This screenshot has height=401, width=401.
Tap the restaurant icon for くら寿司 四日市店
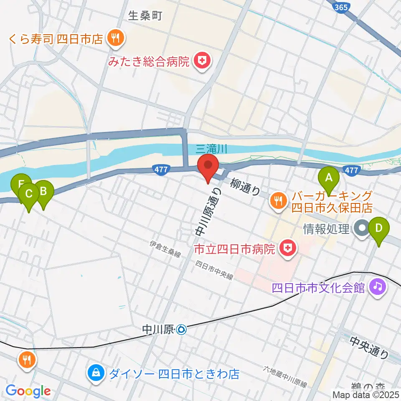tap(114, 39)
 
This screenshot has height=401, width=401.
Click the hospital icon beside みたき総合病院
tap(202, 62)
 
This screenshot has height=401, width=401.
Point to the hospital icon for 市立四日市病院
tap(287, 249)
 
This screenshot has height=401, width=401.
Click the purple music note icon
tap(378, 287)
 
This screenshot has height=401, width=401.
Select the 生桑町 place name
tap(145, 16)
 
